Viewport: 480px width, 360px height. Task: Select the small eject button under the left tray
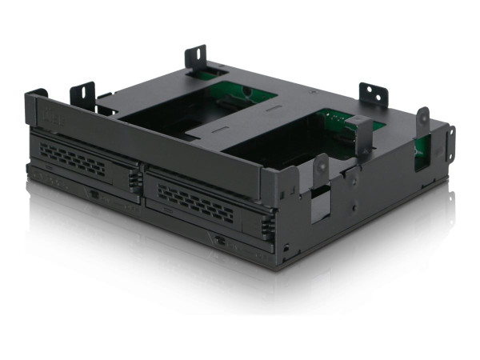tap(95, 194)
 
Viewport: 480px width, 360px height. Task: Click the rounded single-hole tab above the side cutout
tap(321, 166)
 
